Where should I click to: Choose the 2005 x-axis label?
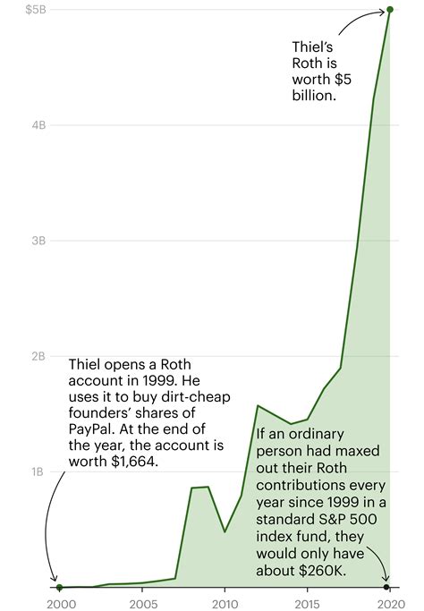pos(142,603)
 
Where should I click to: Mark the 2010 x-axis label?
pos(225,603)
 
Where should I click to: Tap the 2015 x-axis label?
pos(308,603)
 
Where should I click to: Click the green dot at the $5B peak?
pos(391,11)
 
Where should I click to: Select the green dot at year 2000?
pos(59,587)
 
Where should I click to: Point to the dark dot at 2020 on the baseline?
pos(386,587)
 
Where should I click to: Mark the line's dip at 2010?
pos(225,531)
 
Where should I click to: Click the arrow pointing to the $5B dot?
pos(358,20)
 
